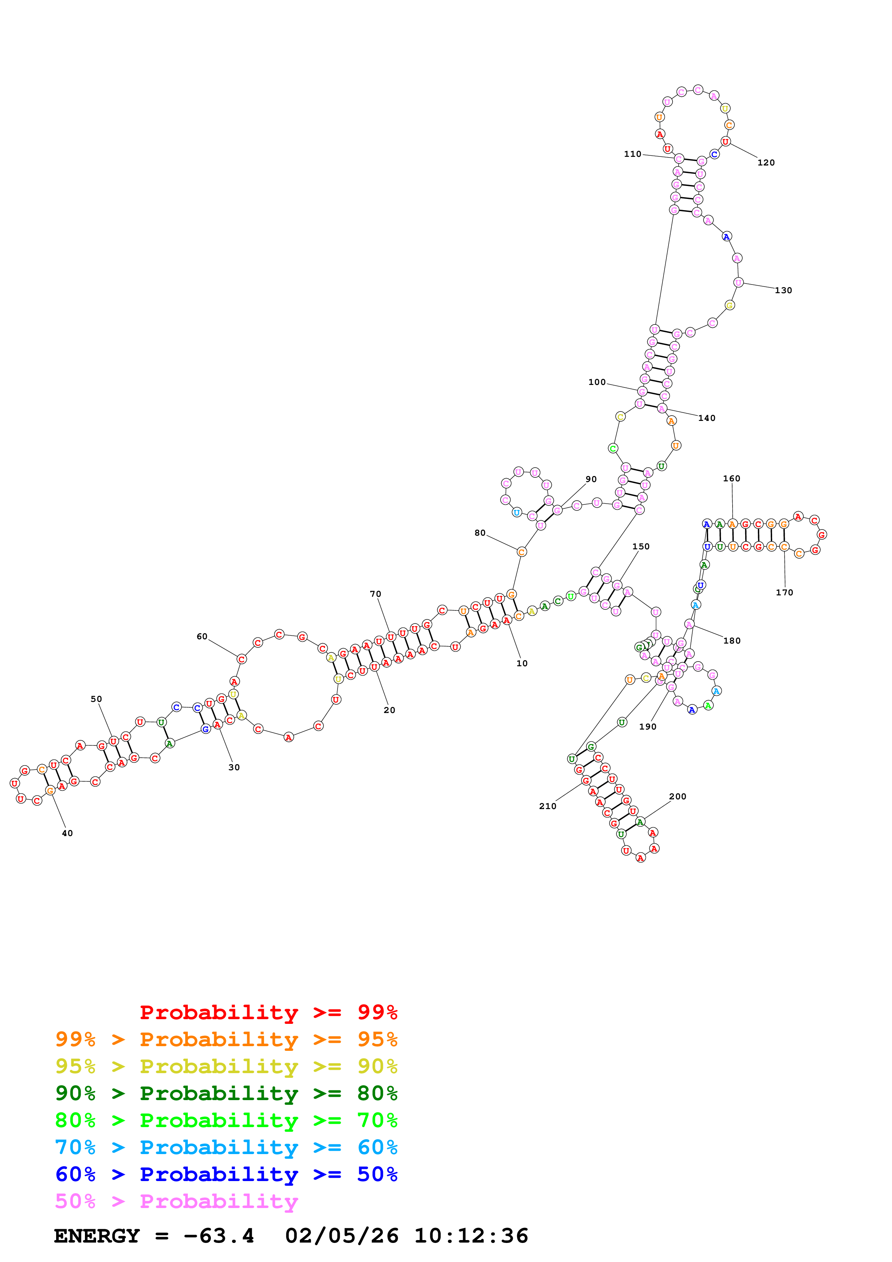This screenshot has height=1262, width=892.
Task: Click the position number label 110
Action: (632, 154)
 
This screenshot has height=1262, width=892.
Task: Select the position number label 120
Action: (766, 163)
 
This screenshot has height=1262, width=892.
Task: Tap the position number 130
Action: (783, 290)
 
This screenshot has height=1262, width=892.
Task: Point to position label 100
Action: (597, 382)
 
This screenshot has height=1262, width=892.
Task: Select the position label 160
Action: (732, 479)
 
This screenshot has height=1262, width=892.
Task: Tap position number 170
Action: (784, 593)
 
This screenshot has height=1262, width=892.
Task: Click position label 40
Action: (67, 833)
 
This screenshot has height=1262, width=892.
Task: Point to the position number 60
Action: (202, 636)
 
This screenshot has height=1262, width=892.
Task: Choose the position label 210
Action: (547, 806)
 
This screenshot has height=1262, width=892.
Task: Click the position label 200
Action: (678, 796)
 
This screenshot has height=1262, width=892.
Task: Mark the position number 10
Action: (522, 663)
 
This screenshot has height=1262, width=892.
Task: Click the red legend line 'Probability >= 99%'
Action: (268, 1012)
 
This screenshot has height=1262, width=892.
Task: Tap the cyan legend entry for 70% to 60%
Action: (226, 1147)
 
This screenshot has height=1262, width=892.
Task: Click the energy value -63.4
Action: (219, 1236)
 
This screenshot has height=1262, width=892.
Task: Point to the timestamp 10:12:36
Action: (471, 1236)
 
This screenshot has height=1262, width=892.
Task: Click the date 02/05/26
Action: (342, 1236)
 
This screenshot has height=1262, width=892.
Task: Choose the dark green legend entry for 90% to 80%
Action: (226, 1093)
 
